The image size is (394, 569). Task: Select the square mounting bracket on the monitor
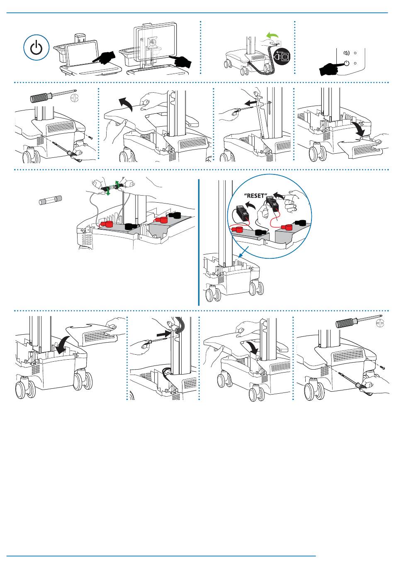coord(152,43)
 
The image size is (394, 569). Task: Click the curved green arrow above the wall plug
coord(272,37)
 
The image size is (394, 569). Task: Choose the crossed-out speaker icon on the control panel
coord(347,53)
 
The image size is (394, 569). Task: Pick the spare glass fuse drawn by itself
coord(50,201)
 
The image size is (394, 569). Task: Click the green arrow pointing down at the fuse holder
coord(109,192)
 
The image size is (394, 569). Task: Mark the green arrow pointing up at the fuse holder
coord(117,184)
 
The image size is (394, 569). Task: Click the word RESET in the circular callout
coord(255,196)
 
